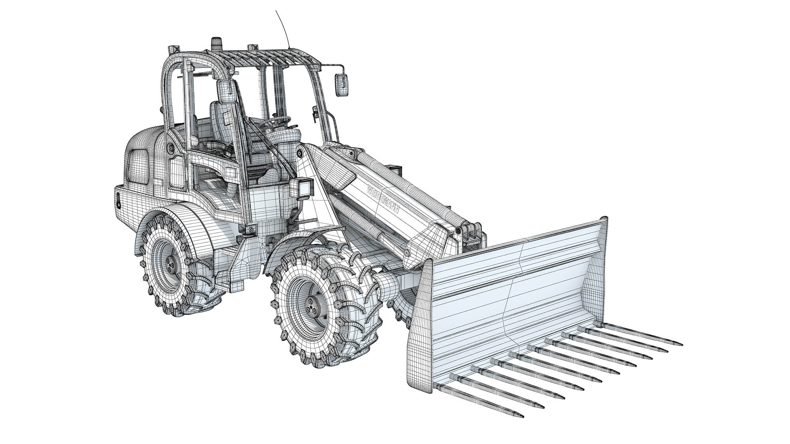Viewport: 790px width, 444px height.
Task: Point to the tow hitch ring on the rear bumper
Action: tap(118, 201)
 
